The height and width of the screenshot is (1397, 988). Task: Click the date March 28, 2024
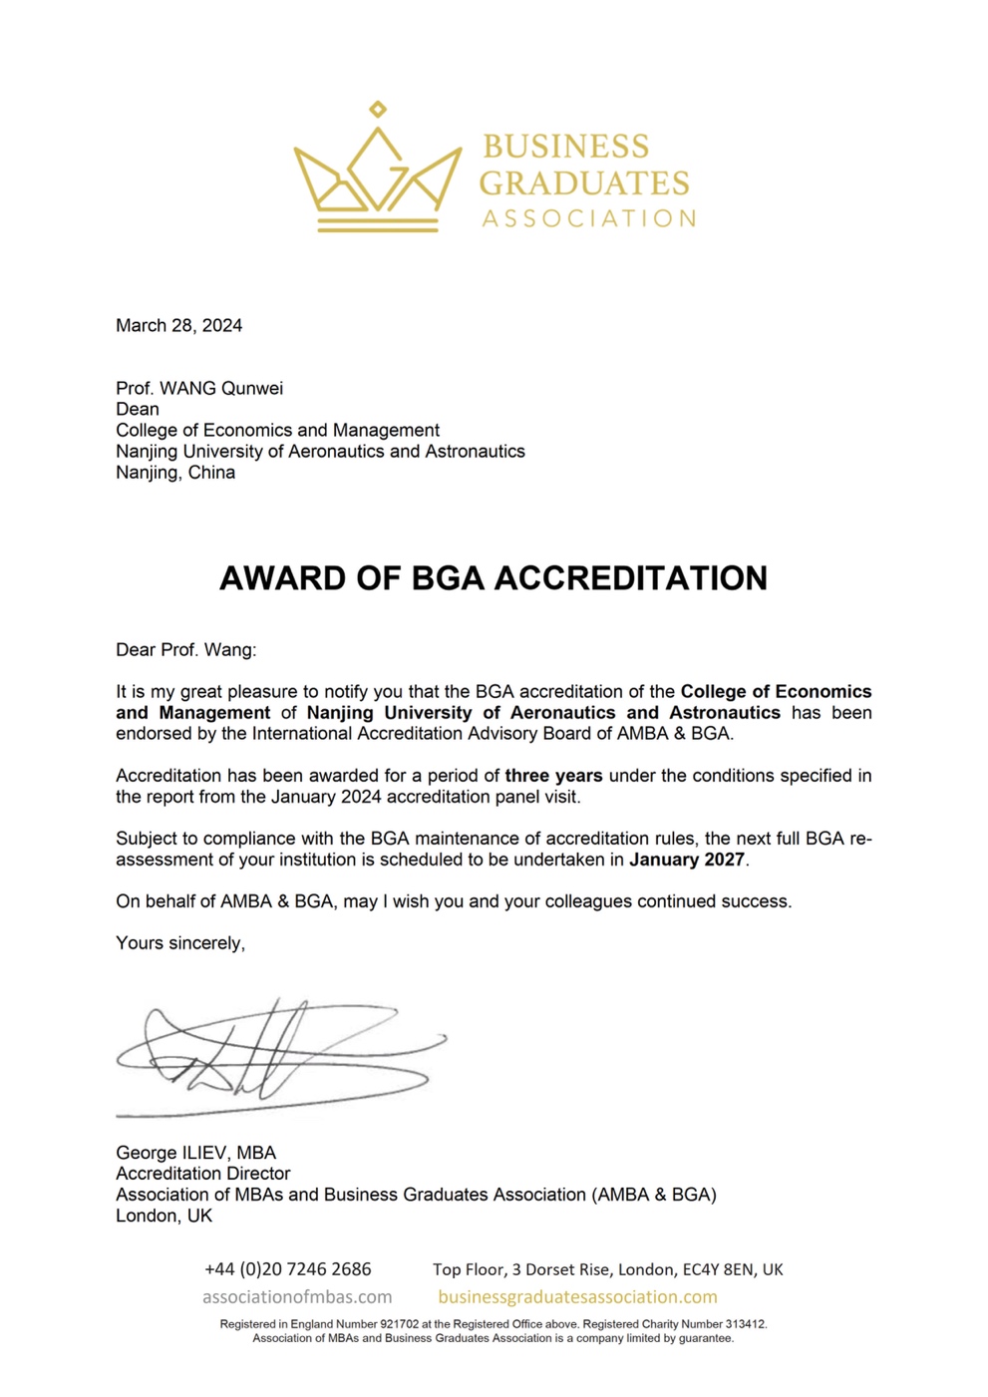(178, 325)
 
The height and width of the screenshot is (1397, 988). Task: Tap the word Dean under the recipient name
(138, 409)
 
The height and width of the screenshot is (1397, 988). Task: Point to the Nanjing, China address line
(175, 472)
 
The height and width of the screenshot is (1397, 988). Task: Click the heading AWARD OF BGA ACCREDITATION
(494, 578)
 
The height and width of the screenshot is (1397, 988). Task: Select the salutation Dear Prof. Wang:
(185, 650)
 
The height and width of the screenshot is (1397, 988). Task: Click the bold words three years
(553, 776)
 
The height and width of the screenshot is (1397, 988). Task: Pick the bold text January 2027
(687, 860)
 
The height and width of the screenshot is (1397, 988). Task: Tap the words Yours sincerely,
(180, 943)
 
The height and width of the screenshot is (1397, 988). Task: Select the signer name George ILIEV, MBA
(195, 1153)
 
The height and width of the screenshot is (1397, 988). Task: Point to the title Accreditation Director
(203, 1174)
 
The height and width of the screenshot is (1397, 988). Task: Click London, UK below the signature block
(164, 1216)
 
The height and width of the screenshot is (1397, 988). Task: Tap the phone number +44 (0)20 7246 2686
(287, 1269)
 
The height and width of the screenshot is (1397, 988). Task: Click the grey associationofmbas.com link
(297, 1297)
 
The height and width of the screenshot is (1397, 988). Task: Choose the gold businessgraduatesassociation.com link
(577, 1297)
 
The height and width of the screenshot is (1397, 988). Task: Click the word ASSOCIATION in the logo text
(588, 218)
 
